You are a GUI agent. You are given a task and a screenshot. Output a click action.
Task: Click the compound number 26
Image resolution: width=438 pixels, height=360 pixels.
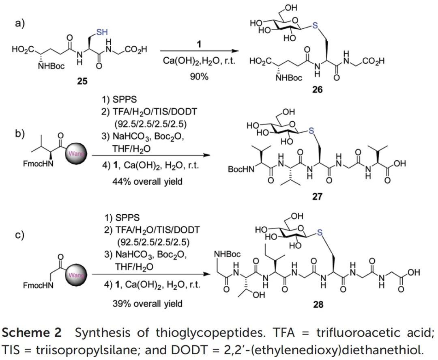pyautogui.click(x=318, y=89)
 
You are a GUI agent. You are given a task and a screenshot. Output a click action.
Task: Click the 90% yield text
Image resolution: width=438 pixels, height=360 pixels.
pyautogui.click(x=198, y=76)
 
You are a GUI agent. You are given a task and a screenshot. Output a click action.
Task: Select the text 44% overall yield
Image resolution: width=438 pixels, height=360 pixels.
pyautogui.click(x=147, y=181)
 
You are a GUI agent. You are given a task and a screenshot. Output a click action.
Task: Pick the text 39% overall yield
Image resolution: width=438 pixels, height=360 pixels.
pyautogui.click(x=147, y=303)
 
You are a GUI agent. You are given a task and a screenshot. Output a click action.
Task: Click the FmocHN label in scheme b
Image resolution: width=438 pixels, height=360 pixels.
pyautogui.click(x=37, y=166)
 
